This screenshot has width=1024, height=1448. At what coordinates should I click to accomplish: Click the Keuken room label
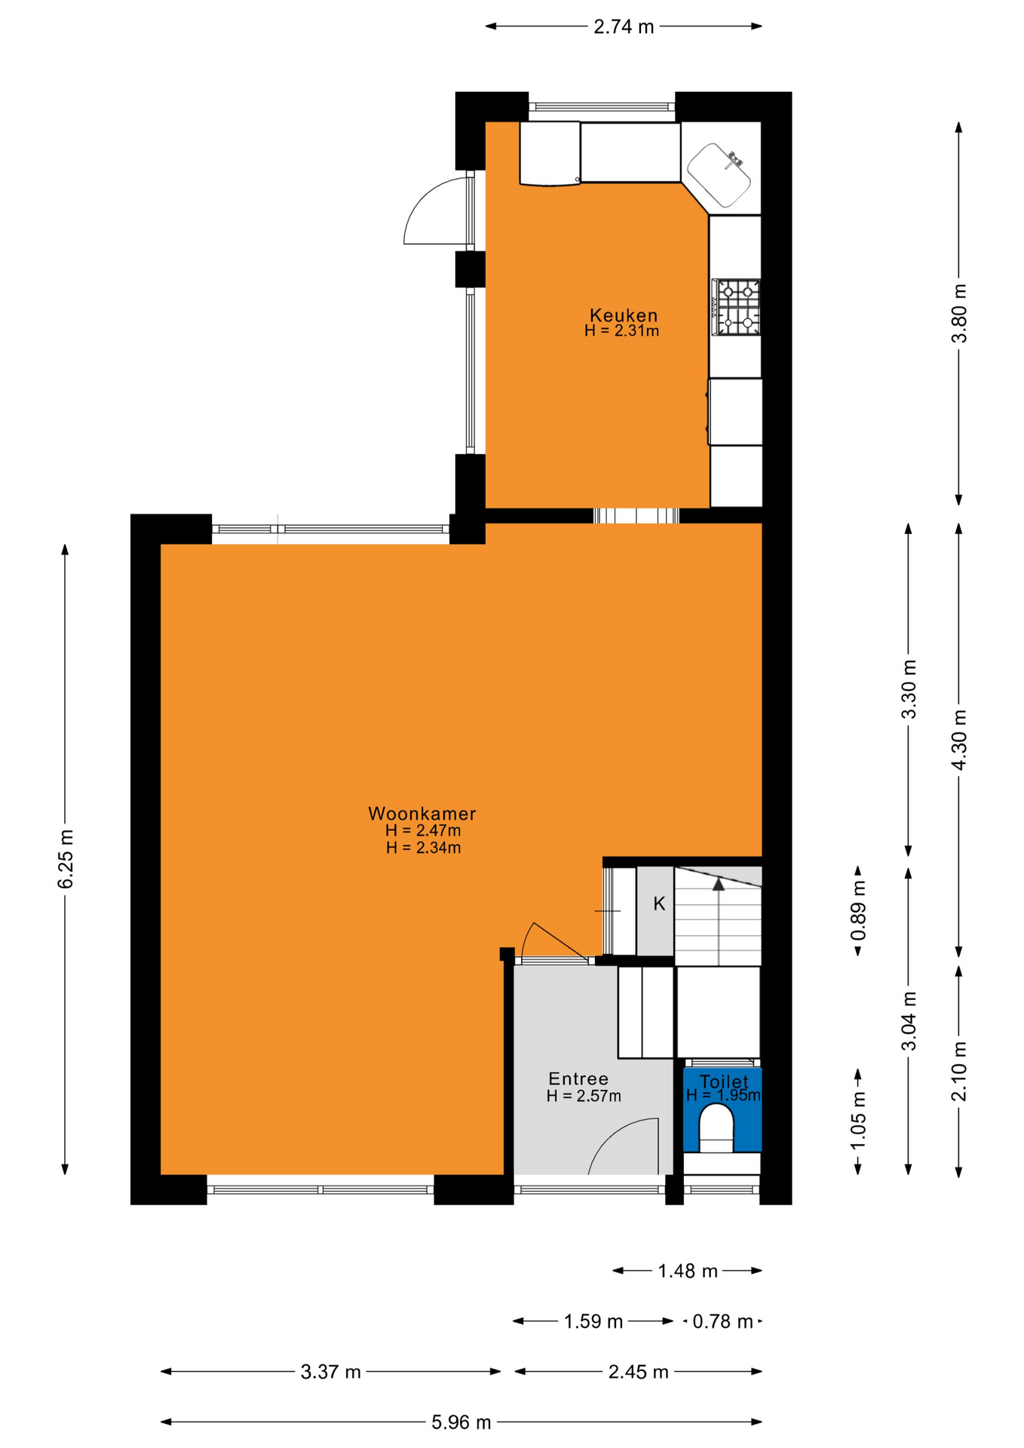click(624, 315)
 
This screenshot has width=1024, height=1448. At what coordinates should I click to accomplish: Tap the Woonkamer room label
click(422, 814)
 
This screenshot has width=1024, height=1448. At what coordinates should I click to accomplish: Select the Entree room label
click(578, 1079)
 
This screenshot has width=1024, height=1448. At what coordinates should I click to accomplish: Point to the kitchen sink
click(719, 175)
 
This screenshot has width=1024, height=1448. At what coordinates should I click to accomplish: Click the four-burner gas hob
click(737, 307)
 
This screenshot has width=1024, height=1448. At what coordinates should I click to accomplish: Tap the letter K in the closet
click(659, 903)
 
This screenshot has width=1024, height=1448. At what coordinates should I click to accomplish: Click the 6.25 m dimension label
click(66, 859)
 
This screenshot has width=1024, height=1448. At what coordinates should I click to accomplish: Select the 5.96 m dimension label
click(461, 1422)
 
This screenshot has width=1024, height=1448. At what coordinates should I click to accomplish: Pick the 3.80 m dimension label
click(959, 313)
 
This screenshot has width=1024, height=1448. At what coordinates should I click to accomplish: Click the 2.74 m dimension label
click(624, 27)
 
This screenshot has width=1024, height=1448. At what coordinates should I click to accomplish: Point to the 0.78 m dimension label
click(722, 1321)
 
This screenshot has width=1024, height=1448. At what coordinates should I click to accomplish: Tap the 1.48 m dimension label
click(688, 1272)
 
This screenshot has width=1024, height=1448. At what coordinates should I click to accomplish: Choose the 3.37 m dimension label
click(331, 1372)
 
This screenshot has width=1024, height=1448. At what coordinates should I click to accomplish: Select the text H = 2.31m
click(622, 330)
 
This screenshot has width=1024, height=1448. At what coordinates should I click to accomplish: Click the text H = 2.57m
click(584, 1096)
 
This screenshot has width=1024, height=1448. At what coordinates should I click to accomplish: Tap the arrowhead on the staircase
click(719, 884)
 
